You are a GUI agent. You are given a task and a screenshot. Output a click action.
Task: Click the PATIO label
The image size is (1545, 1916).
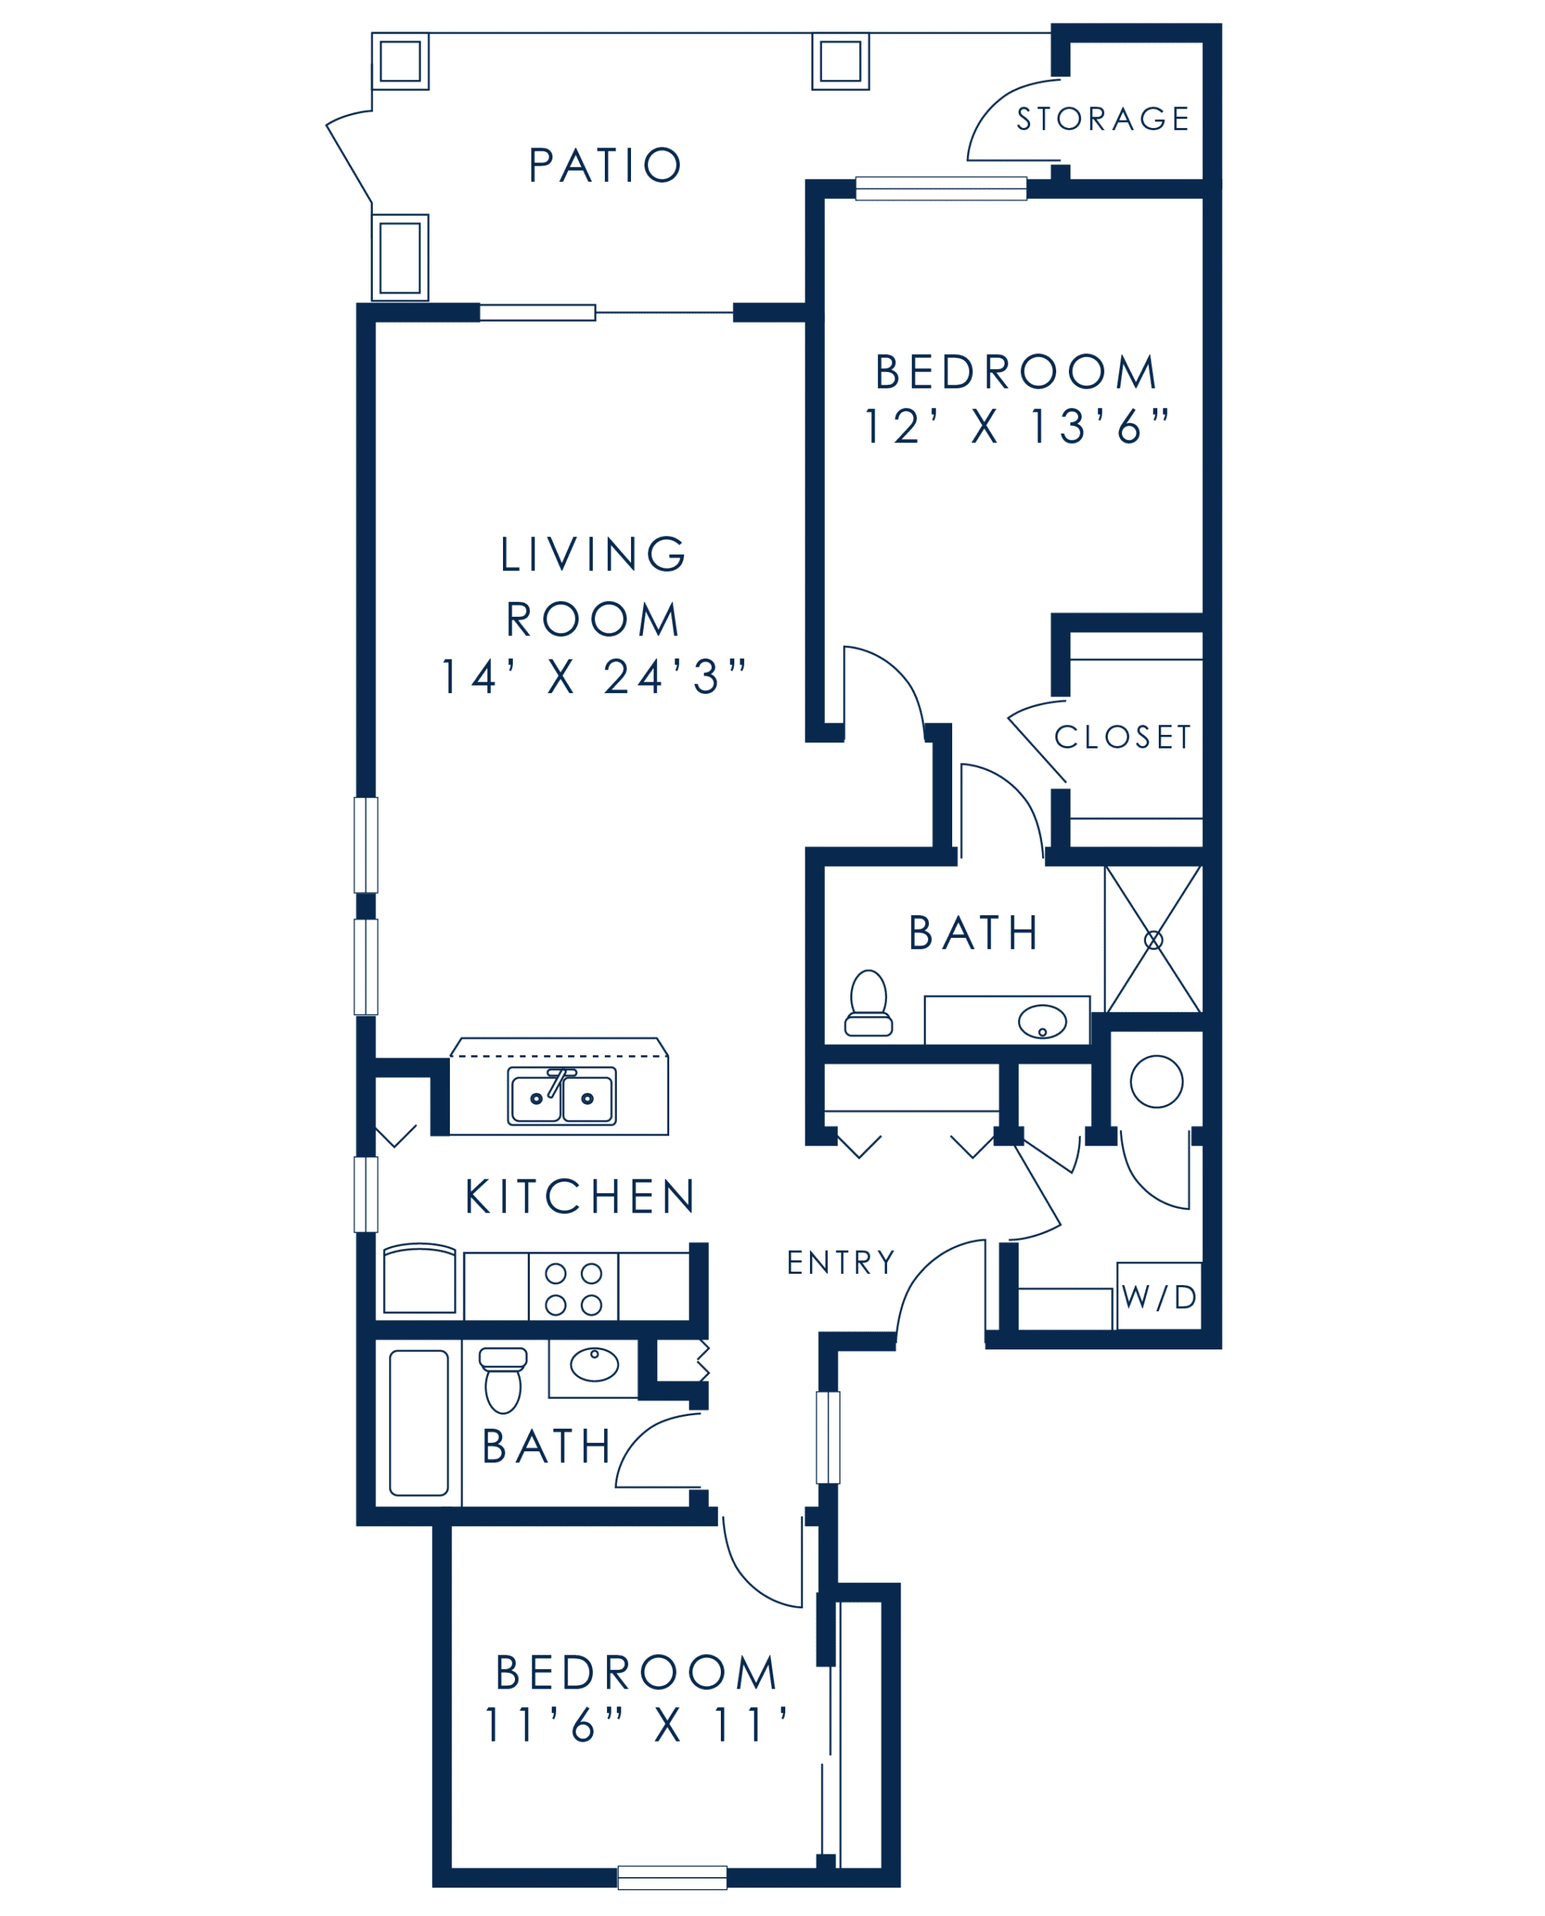point(605,165)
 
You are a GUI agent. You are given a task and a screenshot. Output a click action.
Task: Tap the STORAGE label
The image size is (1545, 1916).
point(1103,118)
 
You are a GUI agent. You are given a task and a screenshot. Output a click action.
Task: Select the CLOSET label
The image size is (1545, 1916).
point(1122,737)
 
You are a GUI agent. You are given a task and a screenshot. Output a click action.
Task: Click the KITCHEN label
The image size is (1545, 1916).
point(579,1197)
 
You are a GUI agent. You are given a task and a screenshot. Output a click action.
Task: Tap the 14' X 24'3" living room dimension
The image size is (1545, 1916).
point(594,677)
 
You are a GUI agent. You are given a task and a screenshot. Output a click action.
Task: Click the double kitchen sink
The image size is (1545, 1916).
point(561,1096)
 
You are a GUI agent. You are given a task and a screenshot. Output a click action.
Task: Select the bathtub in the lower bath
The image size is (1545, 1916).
point(418,1424)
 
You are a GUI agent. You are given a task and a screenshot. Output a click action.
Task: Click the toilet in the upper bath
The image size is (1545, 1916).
point(868,1003)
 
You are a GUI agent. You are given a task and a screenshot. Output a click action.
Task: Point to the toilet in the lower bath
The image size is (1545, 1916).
point(503,1380)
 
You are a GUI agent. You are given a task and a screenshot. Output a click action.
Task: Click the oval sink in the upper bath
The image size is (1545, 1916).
point(1042,1022)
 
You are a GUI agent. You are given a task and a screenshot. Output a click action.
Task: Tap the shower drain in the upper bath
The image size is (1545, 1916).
point(1154,940)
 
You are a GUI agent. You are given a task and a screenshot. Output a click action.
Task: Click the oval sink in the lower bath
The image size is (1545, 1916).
point(594,1364)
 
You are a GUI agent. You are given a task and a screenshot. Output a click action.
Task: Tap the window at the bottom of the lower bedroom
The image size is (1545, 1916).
point(672,1878)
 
